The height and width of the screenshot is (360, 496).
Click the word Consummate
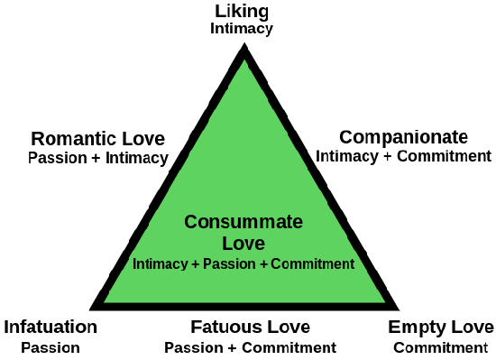243,222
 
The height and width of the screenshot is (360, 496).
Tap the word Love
243,244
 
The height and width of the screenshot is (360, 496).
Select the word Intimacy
160,264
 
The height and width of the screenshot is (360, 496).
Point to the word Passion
230,264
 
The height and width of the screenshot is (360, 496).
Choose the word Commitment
312,264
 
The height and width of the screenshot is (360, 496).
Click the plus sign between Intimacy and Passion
196,264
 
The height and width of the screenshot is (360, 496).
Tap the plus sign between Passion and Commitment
263,264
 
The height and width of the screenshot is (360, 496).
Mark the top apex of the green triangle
244,60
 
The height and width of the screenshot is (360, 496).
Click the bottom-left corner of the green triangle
105,301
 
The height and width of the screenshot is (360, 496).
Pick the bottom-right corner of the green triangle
384,301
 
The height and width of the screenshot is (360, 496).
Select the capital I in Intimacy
134,264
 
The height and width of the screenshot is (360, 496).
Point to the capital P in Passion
207,264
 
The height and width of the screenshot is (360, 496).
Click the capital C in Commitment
275,264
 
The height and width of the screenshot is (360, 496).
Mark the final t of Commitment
352,264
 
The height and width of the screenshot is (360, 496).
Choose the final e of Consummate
298,223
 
